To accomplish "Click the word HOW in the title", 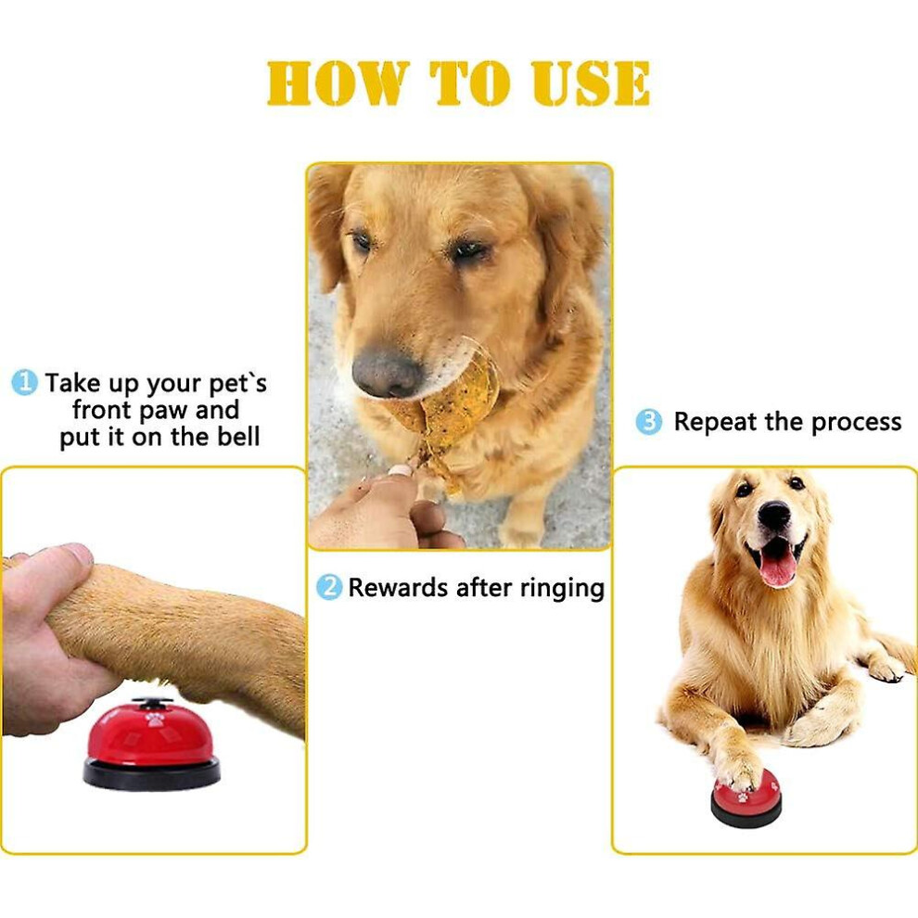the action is tap(338, 83).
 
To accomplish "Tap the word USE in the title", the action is tap(591, 83).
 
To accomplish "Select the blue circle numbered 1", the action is tap(25, 382).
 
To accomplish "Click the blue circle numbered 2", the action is tap(329, 587).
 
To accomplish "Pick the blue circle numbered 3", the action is tap(649, 422).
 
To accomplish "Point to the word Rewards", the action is tap(398, 587).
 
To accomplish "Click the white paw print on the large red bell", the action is tap(155, 719).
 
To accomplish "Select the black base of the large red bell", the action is tap(152, 773).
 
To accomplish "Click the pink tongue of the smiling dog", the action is tap(777, 567).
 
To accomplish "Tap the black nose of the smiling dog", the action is tap(774, 514).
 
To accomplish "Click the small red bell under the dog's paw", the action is tap(746, 798).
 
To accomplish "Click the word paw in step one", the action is tap(166, 411).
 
